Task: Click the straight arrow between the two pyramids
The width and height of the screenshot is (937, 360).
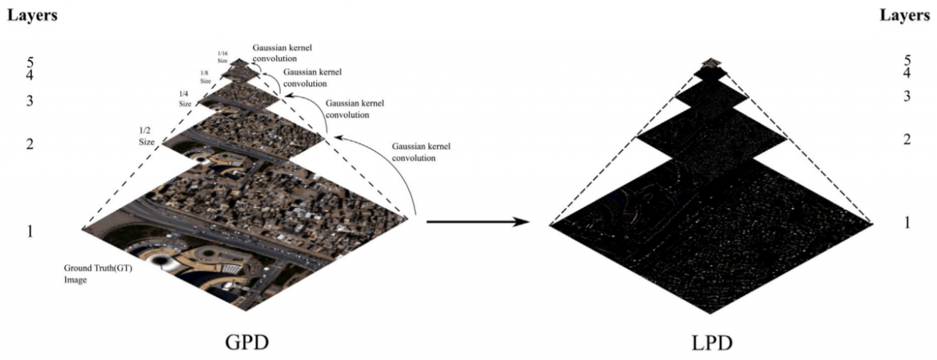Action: coord(477,220)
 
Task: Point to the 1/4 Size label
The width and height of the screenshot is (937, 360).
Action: coord(185,99)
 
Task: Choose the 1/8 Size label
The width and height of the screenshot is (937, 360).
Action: coord(208,76)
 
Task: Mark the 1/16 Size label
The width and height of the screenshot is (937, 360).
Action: coord(223,56)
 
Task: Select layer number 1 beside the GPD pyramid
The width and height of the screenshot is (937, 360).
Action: coord(29,231)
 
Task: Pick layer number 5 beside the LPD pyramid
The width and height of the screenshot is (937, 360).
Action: coord(908,61)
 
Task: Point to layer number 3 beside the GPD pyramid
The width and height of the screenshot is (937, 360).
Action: coord(29,101)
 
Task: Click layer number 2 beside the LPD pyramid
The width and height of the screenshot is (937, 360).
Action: coord(908,139)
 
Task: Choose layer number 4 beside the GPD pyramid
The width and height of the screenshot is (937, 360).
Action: coord(29,75)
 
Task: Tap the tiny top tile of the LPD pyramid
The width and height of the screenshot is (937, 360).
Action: coord(710,62)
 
